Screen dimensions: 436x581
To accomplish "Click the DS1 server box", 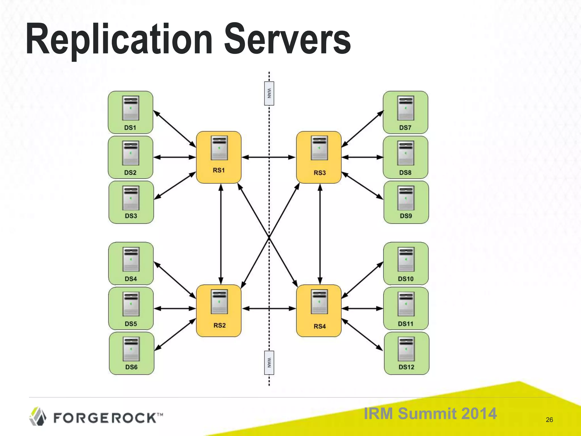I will [130, 112].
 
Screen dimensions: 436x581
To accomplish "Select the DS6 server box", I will [132, 353].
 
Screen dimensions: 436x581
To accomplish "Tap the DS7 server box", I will [405, 112].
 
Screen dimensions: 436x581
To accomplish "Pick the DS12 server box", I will [407, 353].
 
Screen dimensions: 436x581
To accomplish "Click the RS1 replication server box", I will [219, 157].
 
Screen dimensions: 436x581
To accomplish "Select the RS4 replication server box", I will [319, 311].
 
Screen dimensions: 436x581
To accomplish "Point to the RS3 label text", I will [320, 173].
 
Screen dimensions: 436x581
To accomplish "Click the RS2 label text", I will [220, 325].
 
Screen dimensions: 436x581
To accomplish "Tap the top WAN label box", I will [269, 93].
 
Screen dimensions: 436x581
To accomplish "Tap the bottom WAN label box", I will [269, 363].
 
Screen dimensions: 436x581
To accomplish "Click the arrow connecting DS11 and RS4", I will [362, 309].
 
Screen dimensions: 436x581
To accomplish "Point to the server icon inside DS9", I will [406, 198].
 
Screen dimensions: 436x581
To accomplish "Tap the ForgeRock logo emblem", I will [38, 416].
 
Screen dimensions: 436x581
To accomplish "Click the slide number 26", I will [549, 420].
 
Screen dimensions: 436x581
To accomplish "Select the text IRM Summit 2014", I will [430, 413].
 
